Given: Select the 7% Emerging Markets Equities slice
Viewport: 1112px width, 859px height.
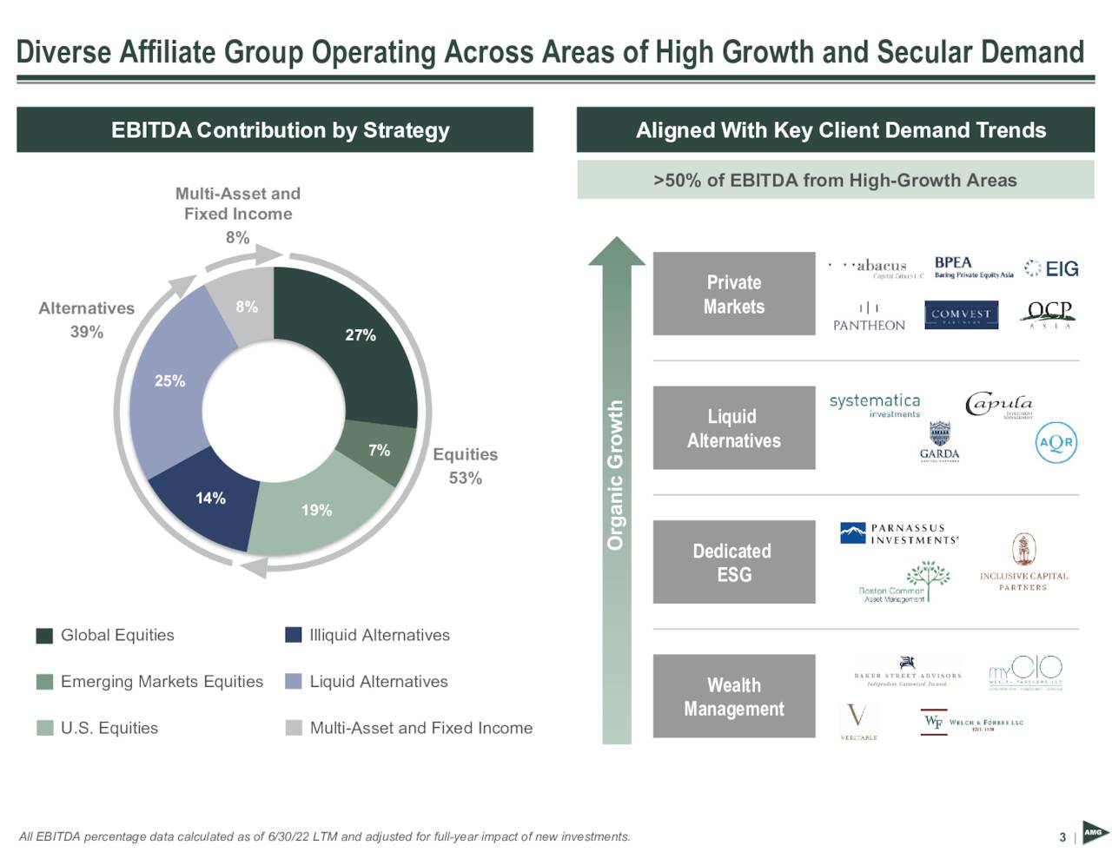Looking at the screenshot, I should pos(379,452).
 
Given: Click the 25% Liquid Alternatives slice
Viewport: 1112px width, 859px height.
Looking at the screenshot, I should pos(170,380).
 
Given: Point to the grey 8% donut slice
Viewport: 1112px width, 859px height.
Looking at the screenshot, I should pos(246,306).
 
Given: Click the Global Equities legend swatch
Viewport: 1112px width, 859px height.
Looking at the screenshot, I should pos(45,636).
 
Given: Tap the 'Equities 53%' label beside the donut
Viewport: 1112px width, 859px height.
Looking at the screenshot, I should pos(465,466).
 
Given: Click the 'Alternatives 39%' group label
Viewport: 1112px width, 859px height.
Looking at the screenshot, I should pos(87,320).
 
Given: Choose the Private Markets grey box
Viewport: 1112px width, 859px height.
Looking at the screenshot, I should pos(733,294).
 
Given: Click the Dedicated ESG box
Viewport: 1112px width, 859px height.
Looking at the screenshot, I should pos(733,562).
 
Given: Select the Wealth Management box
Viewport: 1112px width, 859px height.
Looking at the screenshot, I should pos(733,697).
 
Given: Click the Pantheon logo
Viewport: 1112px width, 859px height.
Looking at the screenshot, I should pos(869,317).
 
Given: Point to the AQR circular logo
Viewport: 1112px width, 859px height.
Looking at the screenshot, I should pos(1056,442).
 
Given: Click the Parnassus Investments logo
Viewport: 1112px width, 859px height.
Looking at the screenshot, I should pos(899,533).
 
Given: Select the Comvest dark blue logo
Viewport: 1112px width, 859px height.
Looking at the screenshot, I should pos(960,314).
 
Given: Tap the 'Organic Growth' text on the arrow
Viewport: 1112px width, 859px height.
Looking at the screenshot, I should pos(616,475).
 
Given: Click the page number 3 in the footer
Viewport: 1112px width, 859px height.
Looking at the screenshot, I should pos(1062,837).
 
